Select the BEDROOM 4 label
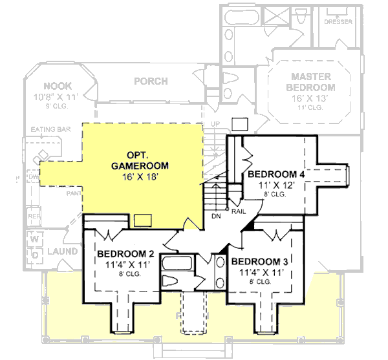275,175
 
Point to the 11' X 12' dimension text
275,185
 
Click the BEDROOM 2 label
125,253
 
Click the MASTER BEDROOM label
312,81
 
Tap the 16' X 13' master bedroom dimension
312,98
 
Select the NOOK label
58,86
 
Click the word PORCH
151,81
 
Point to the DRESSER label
338,21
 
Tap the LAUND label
63,251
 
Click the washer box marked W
32,238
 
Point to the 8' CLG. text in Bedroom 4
275,194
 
